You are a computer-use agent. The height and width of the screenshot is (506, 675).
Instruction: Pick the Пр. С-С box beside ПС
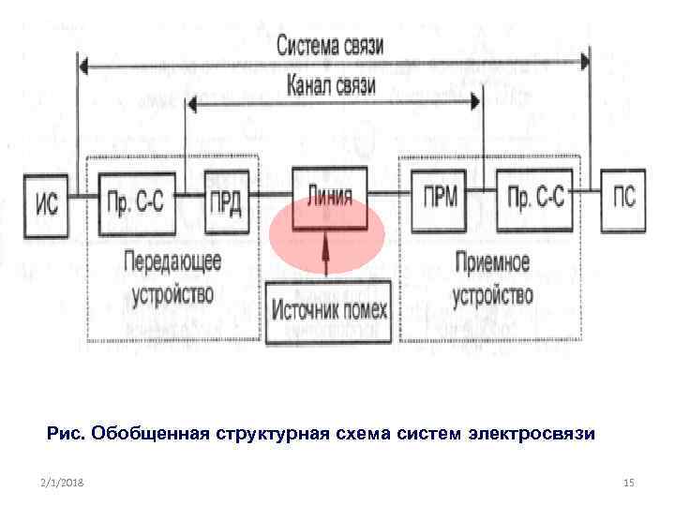[x=533, y=196]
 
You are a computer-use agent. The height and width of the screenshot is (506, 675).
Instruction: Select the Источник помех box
[x=328, y=306]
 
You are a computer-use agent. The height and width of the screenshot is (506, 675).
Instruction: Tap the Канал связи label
[x=331, y=86]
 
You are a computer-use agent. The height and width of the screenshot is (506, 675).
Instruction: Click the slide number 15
[x=628, y=482]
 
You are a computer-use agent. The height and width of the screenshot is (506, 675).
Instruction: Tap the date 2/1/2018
[x=63, y=482]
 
